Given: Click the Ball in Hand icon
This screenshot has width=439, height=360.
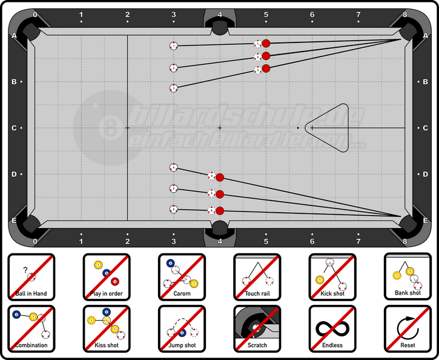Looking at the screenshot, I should (31, 277).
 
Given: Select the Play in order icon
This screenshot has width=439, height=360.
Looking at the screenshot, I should (107, 277).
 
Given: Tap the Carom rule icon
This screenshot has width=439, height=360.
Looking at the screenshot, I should (182, 277).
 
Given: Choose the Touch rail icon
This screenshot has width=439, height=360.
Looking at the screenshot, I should (257, 277).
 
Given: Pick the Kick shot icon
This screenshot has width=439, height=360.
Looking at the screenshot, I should (332, 277).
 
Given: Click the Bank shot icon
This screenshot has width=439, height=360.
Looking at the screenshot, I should (408, 277).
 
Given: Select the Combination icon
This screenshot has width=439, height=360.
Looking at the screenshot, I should (31, 328).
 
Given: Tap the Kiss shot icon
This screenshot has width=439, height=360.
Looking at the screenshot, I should (107, 328).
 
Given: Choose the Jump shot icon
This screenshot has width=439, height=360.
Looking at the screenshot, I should (182, 328).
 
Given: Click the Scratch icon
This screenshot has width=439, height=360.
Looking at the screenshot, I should (257, 328).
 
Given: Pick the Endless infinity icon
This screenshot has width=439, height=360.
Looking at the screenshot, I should (332, 328).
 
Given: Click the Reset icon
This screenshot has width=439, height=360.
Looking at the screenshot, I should (408, 328).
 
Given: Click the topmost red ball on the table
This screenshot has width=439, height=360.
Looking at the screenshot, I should (266, 43).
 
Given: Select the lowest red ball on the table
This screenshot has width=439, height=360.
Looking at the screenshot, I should (220, 210).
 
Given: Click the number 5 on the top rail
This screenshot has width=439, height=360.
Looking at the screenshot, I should (266, 14).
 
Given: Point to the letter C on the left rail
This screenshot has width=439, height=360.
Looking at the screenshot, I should (13, 128).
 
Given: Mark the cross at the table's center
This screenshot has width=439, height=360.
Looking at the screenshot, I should (220, 128).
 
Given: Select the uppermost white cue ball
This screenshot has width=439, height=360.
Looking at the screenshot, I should (174, 45).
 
